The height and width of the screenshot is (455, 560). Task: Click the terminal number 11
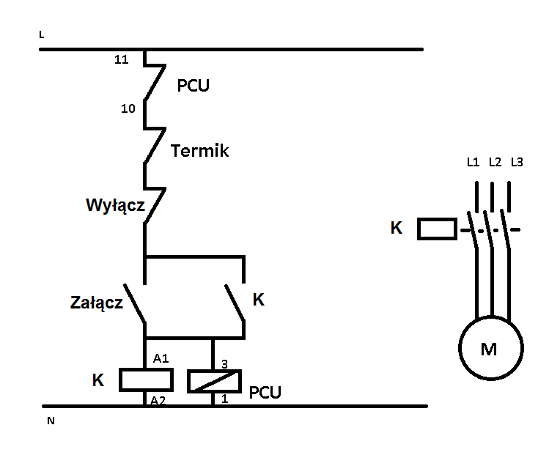(x=122, y=59)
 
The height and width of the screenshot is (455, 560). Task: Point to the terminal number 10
(x=128, y=108)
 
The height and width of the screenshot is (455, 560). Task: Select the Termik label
(x=199, y=151)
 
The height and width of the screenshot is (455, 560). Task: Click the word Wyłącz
(x=115, y=206)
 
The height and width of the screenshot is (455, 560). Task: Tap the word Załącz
(x=97, y=303)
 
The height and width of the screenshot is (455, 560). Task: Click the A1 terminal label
(x=161, y=358)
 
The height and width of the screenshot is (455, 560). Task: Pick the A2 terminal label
(x=158, y=400)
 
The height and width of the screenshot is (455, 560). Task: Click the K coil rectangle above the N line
(x=146, y=380)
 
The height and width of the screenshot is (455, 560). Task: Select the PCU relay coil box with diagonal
(x=214, y=382)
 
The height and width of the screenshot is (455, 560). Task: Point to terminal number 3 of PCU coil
(x=224, y=364)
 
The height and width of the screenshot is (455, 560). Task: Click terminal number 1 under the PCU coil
(x=224, y=399)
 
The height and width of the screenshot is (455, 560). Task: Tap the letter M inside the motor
(x=489, y=349)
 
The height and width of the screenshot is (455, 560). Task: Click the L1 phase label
(x=474, y=163)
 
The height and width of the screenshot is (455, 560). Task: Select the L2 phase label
(x=495, y=163)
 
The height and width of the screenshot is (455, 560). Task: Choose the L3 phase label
(x=517, y=163)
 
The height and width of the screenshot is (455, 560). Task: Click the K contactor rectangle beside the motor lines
(x=437, y=229)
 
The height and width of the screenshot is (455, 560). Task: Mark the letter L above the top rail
(x=42, y=34)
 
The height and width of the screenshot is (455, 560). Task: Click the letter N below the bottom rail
(x=51, y=421)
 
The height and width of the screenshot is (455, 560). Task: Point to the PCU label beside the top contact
(x=194, y=86)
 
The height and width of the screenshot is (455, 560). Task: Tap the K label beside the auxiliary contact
(x=259, y=300)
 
